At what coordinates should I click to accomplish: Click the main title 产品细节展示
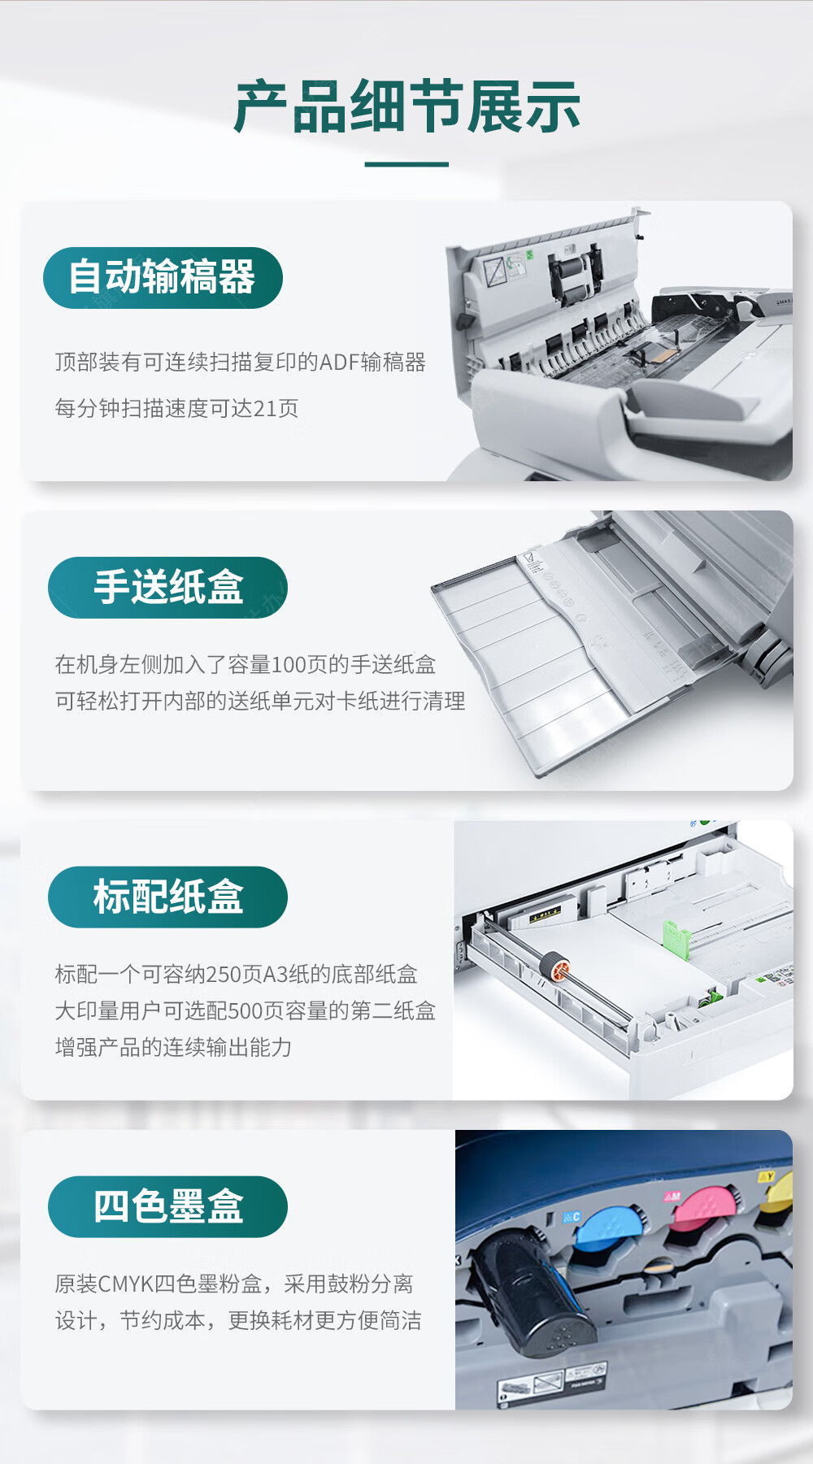tap(406, 106)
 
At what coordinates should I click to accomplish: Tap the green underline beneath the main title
tap(406, 164)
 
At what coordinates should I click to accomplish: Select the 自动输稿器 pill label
tap(163, 277)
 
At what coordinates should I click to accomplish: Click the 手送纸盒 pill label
tap(167, 587)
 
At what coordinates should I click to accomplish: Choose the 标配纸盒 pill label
tap(167, 897)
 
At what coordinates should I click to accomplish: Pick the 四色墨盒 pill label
tap(167, 1206)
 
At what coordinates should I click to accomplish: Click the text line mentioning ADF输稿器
tap(241, 362)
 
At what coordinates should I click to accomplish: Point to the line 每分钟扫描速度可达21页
tap(176, 407)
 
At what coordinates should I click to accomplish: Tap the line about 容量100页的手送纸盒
tap(246, 664)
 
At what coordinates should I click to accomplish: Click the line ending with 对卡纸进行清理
tap(260, 701)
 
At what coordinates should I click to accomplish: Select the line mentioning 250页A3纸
tap(237, 974)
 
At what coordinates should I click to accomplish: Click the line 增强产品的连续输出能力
tap(173, 1047)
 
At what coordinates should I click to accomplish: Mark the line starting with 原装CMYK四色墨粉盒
tap(234, 1284)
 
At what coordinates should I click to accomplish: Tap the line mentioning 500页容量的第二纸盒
tap(246, 1010)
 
